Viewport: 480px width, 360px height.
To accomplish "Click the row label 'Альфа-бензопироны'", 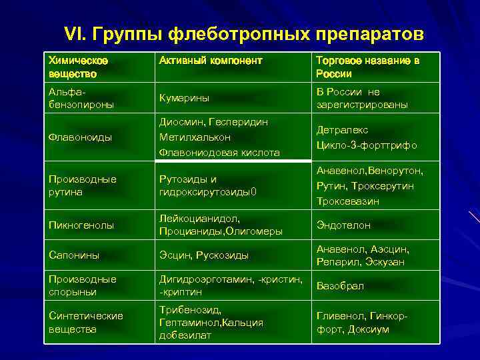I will pyautogui.click(x=81, y=98).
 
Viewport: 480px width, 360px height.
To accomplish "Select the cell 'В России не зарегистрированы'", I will pyautogui.click(x=361, y=98).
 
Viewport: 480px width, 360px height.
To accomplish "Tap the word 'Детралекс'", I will pyautogui.click(x=342, y=130).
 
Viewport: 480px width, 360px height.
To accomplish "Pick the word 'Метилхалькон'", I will pyautogui.click(x=195, y=137).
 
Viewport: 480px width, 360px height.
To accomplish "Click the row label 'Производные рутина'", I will pyautogui.click(x=82, y=185).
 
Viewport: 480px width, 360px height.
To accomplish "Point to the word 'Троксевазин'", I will pyautogui.click(x=347, y=201).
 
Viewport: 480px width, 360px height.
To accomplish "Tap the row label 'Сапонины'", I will pyautogui.click(x=74, y=255).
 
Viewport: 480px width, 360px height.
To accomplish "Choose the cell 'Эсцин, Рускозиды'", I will pyautogui.click(x=203, y=255).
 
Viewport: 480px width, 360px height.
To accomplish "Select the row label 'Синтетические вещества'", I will pyautogui.click(x=85, y=322).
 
